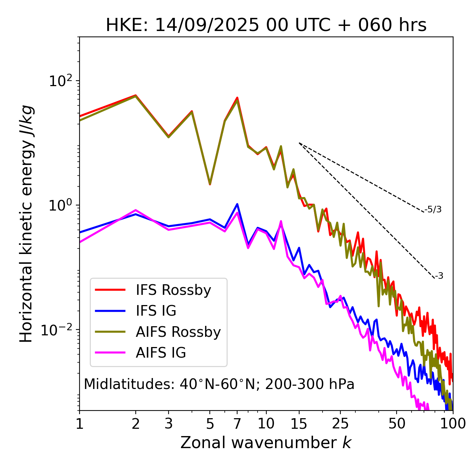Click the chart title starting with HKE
266,26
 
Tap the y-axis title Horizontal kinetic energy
27,224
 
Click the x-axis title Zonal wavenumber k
266,443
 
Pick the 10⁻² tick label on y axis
58,330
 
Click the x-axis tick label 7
237,424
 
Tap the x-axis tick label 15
299,424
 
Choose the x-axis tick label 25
340,424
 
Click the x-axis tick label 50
397,424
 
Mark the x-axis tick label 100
453,424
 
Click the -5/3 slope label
433,210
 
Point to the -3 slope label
439,276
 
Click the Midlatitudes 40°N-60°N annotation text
219,384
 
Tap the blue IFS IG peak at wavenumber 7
237,204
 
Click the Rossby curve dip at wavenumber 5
210,184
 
